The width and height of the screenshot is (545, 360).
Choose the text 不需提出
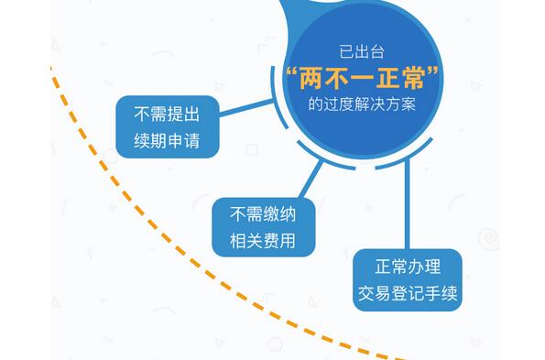pos(168,115)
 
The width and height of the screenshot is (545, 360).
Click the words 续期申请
pos(168,142)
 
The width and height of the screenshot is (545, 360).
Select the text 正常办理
pos(408,267)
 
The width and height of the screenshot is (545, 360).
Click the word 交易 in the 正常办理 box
pos(376,295)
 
